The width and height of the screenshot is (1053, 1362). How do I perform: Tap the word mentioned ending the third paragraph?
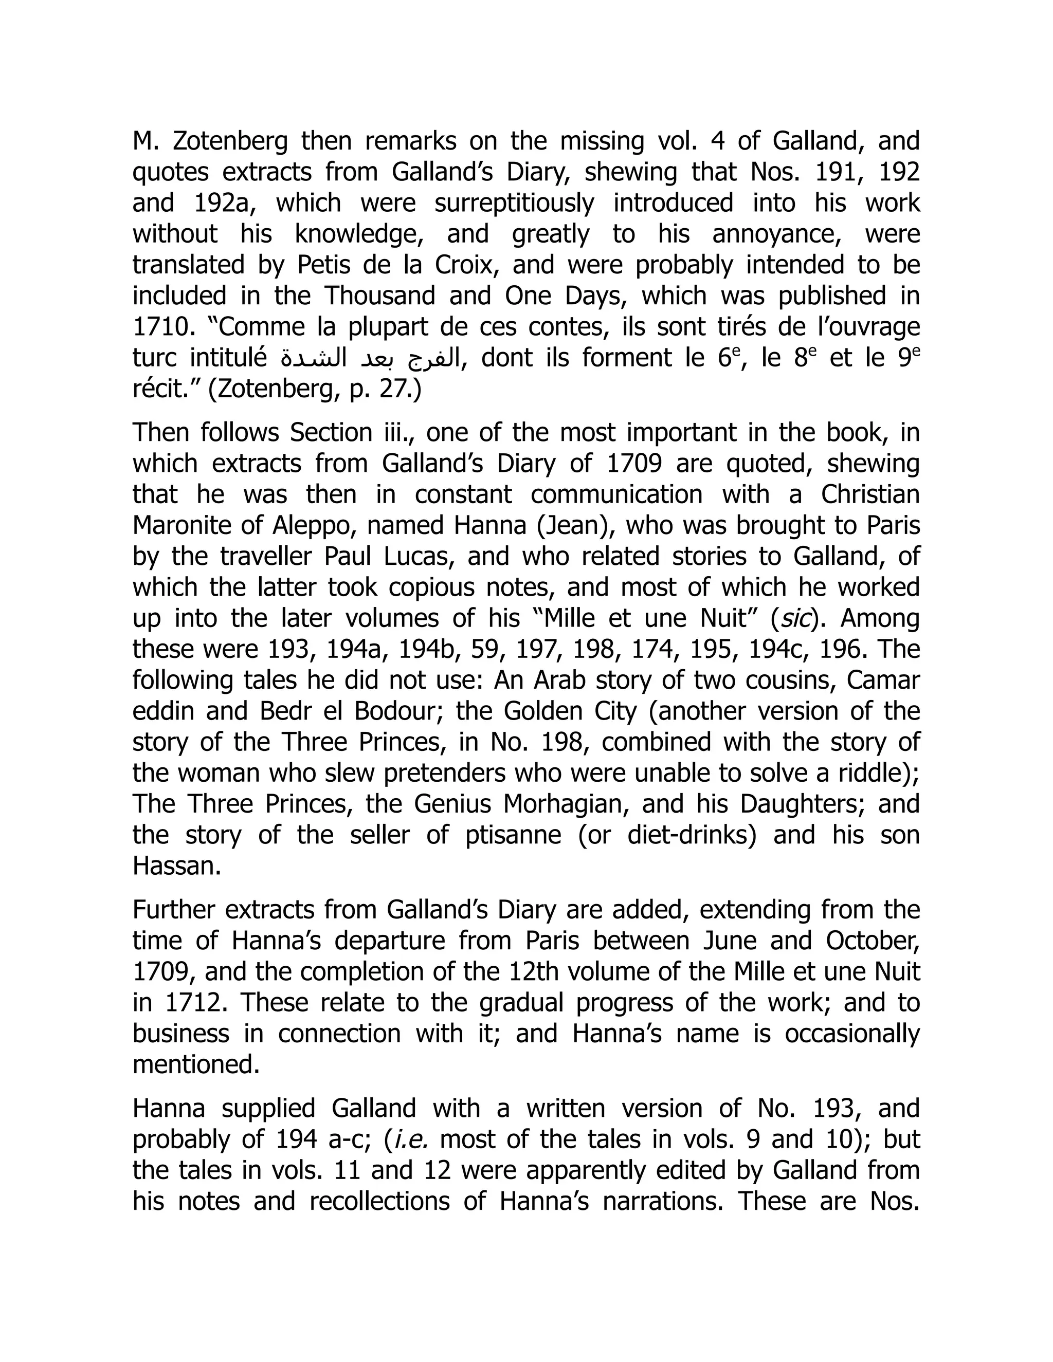(195, 1065)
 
